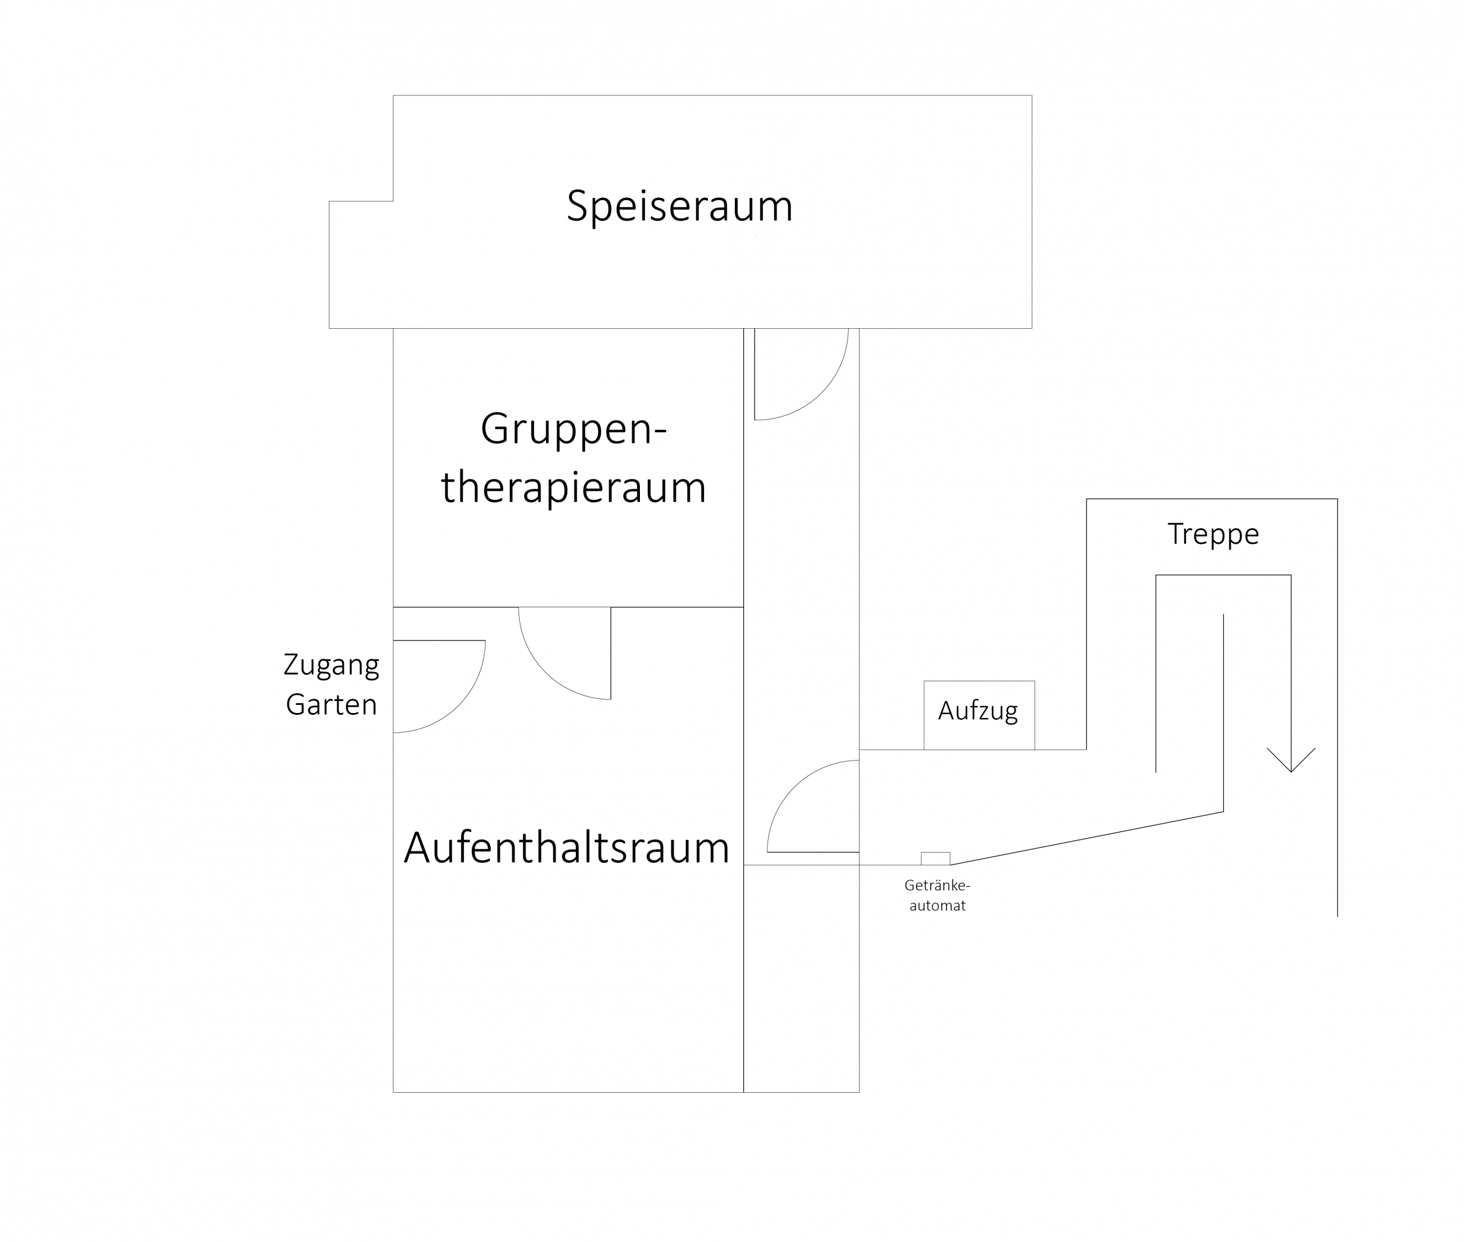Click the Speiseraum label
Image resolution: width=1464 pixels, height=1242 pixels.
click(679, 206)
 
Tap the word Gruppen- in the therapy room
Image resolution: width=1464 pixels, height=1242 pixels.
click(573, 429)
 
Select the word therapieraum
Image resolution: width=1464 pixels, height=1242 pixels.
click(573, 487)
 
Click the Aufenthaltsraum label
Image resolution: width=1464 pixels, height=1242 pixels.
click(567, 847)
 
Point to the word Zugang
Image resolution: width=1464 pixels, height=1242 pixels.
click(331, 664)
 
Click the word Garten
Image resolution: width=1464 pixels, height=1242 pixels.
click(331, 704)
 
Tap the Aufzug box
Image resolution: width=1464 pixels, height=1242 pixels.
click(979, 715)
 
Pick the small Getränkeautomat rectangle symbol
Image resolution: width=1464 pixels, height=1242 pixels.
click(935, 858)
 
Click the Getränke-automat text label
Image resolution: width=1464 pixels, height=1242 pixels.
click(937, 895)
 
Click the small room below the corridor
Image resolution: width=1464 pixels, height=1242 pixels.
click(801, 978)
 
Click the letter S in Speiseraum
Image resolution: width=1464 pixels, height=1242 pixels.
click(578, 206)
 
